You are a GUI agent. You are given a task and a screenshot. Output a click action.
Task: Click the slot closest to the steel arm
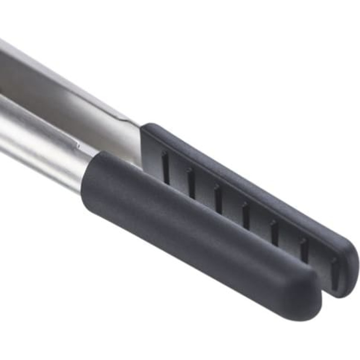[166, 167]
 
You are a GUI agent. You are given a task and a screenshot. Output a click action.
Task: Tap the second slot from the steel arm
[191, 183]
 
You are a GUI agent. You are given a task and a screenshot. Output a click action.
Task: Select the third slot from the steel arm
[218, 198]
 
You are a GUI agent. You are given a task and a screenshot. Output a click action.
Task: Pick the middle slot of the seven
[246, 216]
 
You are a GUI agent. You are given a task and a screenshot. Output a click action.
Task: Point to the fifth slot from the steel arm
[274, 232]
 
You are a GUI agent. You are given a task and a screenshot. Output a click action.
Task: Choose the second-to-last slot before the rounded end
[305, 250]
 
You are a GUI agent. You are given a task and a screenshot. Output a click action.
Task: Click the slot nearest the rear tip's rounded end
[335, 273]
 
